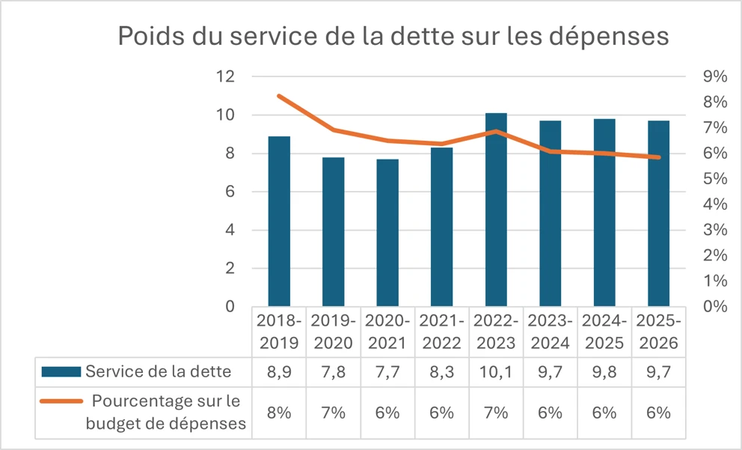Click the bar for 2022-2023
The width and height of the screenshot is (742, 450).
[496, 210]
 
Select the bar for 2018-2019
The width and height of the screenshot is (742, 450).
[279, 221]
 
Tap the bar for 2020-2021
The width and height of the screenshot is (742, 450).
[387, 232]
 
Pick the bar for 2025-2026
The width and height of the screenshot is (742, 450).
[659, 213]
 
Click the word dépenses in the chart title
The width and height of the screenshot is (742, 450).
[607, 36]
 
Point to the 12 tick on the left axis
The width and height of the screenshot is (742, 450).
[225, 76]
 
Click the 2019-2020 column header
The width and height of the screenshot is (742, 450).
[334, 332]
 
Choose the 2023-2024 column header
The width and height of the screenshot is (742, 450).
[551, 332]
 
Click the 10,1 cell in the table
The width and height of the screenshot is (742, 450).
[496, 371]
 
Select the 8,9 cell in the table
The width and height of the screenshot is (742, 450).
[279, 371]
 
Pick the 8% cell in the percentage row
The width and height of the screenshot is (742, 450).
[279, 412]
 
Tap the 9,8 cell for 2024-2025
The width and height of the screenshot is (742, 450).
[604, 371]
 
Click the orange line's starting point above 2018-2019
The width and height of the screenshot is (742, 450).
[279, 96]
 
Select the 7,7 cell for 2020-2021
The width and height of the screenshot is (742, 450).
[387, 371]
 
